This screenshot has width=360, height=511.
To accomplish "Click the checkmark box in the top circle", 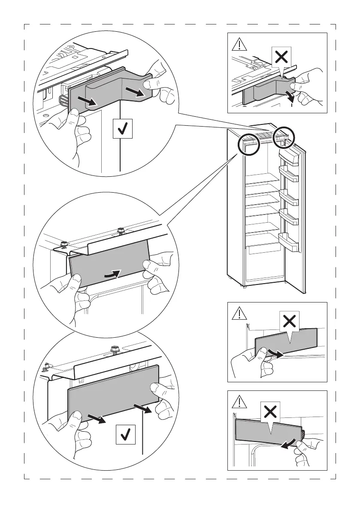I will (123, 128).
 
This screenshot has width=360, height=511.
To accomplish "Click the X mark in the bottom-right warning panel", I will (270, 412).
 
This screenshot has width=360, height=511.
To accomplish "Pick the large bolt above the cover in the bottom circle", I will (115, 350).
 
